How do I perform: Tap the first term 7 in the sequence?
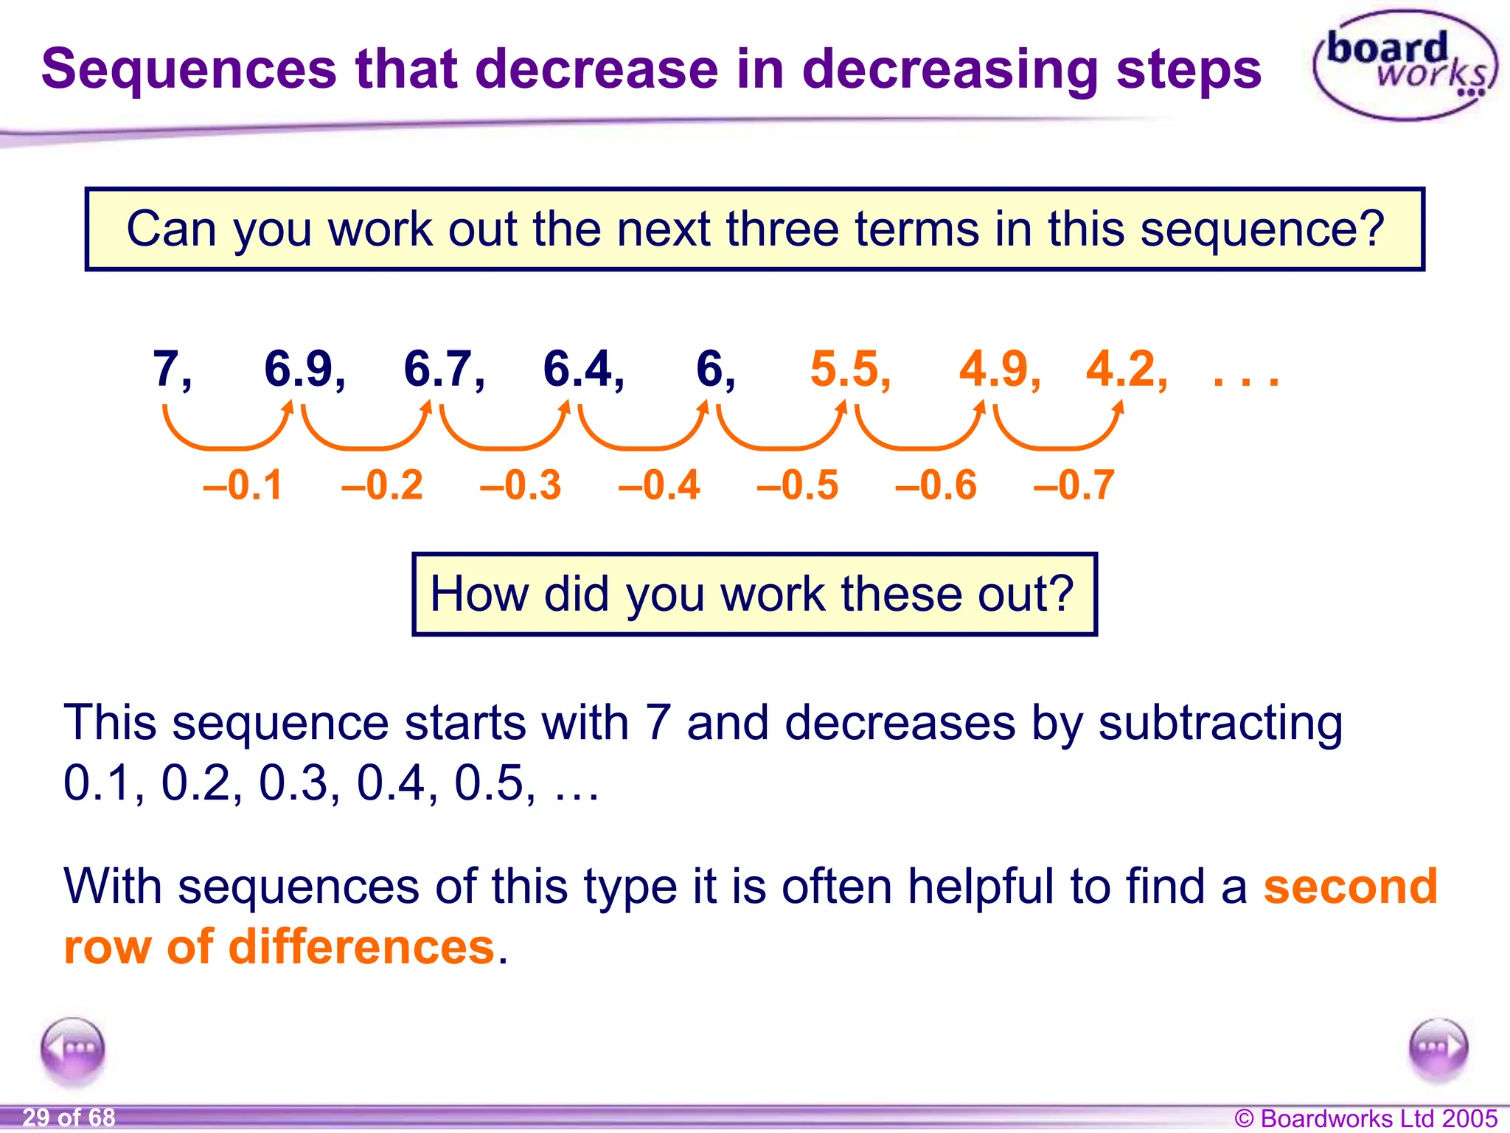pos(168,368)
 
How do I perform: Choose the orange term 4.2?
pos(1121,368)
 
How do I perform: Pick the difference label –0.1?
pos(243,485)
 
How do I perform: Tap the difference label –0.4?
pos(658,485)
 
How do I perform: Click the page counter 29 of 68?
pos(69,1118)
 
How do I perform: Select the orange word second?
pos(1350,886)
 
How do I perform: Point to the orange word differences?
pos(361,947)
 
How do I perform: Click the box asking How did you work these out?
pos(754,594)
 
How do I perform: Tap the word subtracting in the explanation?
pos(1220,723)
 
